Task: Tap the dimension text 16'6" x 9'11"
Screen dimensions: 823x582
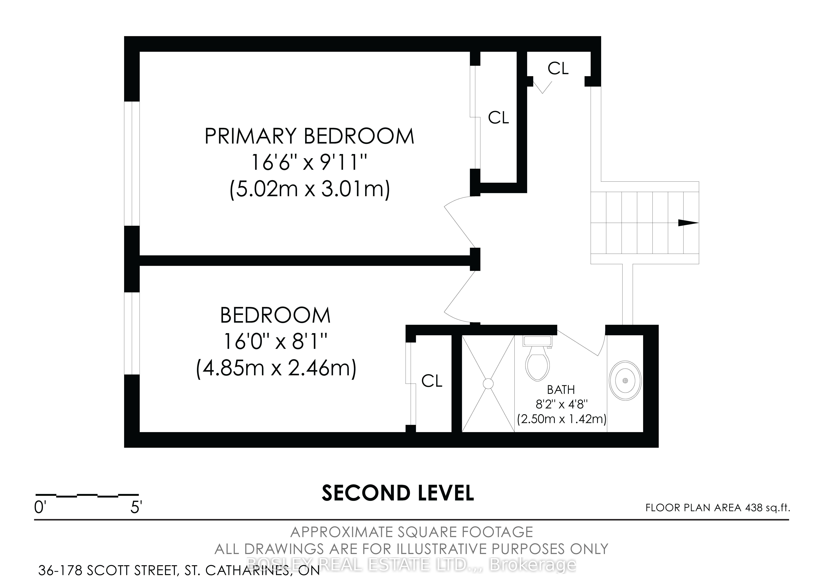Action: [x=309, y=162]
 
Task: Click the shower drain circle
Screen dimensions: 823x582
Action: [x=488, y=383]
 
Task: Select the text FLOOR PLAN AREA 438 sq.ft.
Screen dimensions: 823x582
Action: [x=718, y=508]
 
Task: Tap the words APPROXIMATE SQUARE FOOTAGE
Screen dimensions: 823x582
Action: [x=411, y=532]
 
